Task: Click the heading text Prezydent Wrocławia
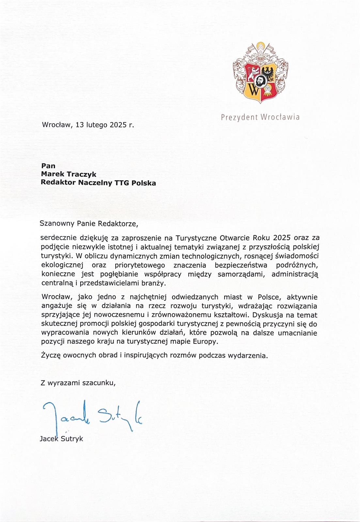click(x=260, y=117)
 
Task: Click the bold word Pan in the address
click(x=48, y=166)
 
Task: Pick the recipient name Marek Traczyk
click(x=68, y=174)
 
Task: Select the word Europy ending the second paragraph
click(x=205, y=342)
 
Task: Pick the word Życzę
click(x=51, y=355)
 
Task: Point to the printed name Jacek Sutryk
click(x=61, y=438)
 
